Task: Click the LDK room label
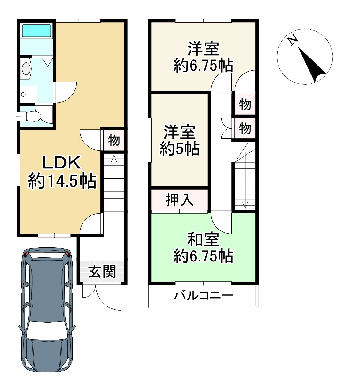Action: click(61, 163)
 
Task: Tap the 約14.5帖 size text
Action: click(62, 181)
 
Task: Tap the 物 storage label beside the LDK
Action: click(114, 140)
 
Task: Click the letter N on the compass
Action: click(293, 40)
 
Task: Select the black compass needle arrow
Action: click(312, 66)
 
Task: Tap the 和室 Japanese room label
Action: click(203, 239)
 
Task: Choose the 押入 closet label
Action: click(179, 200)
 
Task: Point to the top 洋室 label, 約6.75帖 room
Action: click(203, 49)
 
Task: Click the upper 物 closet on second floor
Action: click(245, 104)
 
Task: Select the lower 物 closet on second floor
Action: click(245, 129)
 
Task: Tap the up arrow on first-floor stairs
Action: click(113, 159)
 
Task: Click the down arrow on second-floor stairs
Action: click(245, 205)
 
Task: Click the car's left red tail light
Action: click(27, 254)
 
